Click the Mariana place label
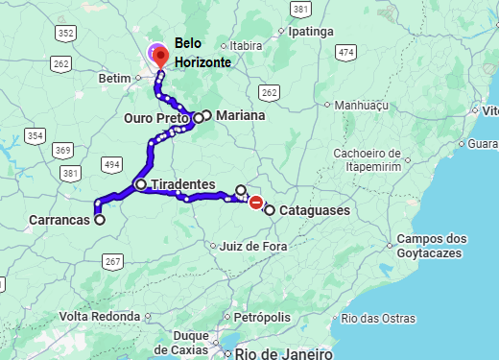click(240, 115)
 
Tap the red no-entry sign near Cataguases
click(256, 202)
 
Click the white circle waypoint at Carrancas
click(99, 219)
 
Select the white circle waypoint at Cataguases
click(270, 210)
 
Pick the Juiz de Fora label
click(253, 246)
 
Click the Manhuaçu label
click(363, 105)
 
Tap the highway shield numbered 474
click(346, 51)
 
